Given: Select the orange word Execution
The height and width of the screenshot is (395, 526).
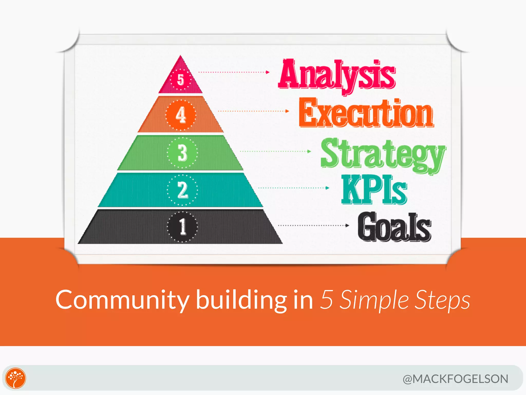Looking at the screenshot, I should tap(366, 113).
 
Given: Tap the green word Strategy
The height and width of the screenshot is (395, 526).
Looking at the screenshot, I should tap(383, 154).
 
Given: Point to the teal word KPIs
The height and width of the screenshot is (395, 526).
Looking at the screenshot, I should tap(374, 190).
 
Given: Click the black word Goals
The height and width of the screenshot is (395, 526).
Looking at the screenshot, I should tap(394, 227).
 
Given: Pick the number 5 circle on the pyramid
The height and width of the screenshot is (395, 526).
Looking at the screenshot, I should tap(181, 79).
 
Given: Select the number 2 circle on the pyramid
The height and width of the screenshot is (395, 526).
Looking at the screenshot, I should tap(182, 190).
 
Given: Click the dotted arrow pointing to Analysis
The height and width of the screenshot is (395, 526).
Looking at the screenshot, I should tap(234, 72).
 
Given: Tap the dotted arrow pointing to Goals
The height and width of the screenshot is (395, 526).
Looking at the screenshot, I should tap(314, 226).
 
